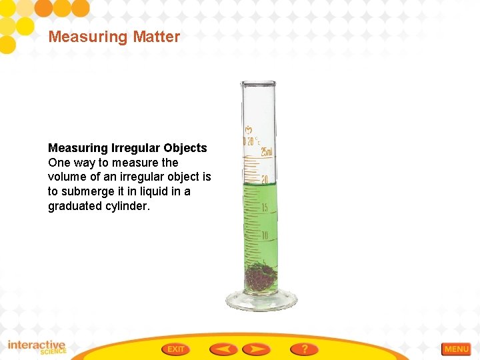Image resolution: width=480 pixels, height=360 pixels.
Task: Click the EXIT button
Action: [x=175, y=349]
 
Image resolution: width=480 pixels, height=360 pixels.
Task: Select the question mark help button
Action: [x=304, y=349]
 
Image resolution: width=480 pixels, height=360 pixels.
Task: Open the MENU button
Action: [x=456, y=349]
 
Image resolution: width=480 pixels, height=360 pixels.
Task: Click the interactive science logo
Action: [x=37, y=347]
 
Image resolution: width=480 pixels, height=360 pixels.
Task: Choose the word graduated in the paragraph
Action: [x=75, y=206]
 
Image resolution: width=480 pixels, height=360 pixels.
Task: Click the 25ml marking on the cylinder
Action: [x=266, y=151]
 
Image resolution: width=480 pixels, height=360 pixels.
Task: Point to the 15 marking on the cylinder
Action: [x=265, y=207]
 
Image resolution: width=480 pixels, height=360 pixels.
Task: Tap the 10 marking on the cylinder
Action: [x=265, y=235]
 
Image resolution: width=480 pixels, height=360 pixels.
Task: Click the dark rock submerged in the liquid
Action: [x=260, y=277]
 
